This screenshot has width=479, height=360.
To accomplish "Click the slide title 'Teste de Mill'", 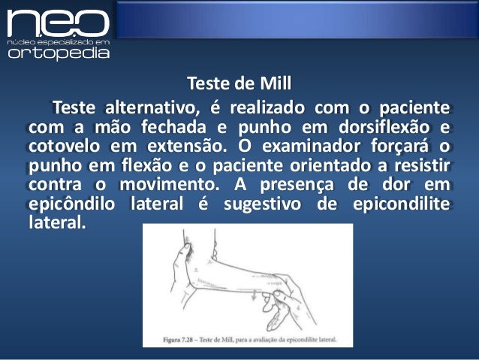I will (238, 81).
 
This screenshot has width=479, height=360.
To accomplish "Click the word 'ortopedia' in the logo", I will (59, 53).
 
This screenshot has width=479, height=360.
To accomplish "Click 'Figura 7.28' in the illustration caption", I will (186, 339).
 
